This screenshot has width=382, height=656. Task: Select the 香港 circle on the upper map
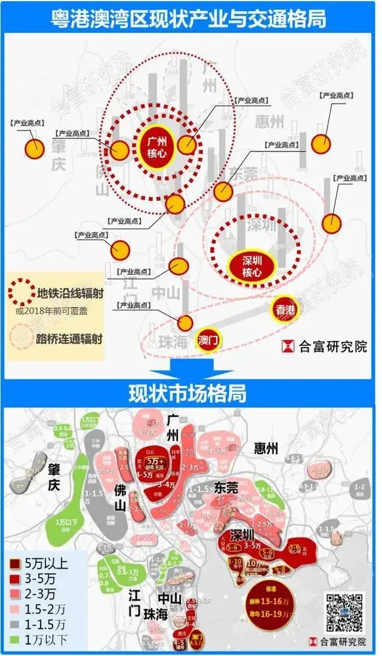coord(284,310)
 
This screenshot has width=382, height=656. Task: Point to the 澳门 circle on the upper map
coord(211,335)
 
